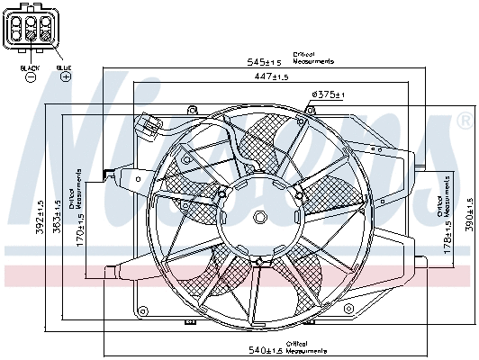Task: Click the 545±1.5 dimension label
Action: click(265, 62)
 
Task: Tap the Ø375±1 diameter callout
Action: click(329, 94)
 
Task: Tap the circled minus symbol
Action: click(30, 78)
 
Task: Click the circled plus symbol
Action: click(65, 78)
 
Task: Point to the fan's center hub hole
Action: click(259, 217)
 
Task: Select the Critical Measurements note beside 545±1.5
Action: click(313, 58)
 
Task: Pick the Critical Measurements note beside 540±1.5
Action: click(309, 346)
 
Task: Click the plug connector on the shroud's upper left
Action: click(148, 122)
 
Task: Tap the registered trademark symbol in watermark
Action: click(464, 119)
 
